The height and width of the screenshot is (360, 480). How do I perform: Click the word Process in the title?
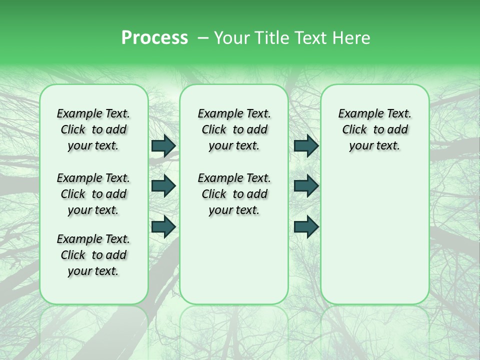pos(154,38)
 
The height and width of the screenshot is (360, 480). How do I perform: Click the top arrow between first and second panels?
pos(163,146)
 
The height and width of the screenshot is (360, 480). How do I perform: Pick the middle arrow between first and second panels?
pos(163,186)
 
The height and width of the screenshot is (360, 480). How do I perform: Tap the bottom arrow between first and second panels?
pos(163,226)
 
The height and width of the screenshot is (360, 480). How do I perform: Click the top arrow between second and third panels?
pos(306,146)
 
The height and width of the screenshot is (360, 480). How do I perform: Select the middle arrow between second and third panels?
pos(306,186)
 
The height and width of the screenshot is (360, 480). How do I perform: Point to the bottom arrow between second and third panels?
pos(306,226)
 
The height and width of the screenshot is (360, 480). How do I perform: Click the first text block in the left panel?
pos(93,129)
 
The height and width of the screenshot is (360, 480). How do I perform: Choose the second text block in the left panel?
pos(93,194)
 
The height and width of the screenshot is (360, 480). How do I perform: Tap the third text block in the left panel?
pos(93,255)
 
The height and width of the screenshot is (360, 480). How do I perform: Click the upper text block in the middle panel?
pos(234,129)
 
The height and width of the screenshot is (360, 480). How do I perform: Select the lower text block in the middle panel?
pos(234,194)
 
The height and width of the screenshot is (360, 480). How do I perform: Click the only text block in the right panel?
pos(374,129)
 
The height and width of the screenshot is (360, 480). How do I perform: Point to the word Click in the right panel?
pos(354,130)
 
